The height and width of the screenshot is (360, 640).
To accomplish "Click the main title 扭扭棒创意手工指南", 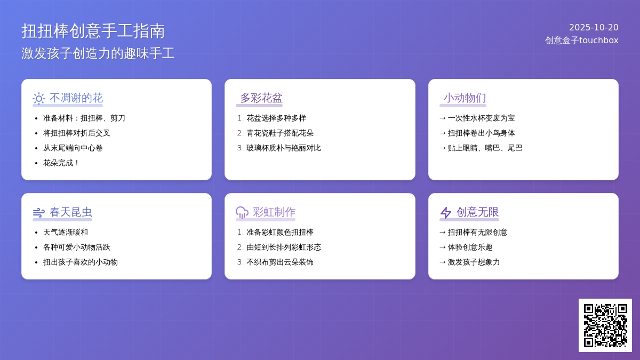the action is (x=93, y=31).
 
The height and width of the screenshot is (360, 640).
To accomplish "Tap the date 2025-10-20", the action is (x=594, y=27).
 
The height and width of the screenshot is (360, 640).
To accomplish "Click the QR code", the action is (x=605, y=325).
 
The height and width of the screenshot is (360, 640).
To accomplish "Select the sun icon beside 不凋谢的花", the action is (x=39, y=99).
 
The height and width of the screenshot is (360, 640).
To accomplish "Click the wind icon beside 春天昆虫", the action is (x=39, y=213).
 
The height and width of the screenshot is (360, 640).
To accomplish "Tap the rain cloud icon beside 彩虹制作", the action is (x=242, y=213).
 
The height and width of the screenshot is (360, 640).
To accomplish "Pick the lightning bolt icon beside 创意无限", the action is (x=446, y=213).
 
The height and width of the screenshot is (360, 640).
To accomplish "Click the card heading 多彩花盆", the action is (x=261, y=98).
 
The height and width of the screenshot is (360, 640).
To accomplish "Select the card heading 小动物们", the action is (x=465, y=98).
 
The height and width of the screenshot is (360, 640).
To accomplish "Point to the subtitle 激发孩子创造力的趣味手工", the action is (x=98, y=53).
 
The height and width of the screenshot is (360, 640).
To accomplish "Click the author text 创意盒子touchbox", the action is (x=582, y=41).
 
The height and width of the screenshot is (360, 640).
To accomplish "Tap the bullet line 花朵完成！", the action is (x=61, y=163).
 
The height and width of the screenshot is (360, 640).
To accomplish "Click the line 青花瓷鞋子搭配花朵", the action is (x=280, y=133).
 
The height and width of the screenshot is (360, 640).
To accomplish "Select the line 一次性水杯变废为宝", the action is (x=481, y=118).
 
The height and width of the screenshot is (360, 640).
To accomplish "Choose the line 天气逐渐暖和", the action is (x=66, y=232).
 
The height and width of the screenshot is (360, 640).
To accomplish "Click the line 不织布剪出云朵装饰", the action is (x=280, y=262).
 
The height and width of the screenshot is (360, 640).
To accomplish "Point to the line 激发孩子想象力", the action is (x=474, y=262).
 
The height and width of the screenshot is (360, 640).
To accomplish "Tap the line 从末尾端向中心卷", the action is (x=73, y=148).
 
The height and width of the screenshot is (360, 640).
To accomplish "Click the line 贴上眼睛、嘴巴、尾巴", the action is (x=485, y=148).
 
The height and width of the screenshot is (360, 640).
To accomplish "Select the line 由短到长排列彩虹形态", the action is (x=284, y=247).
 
